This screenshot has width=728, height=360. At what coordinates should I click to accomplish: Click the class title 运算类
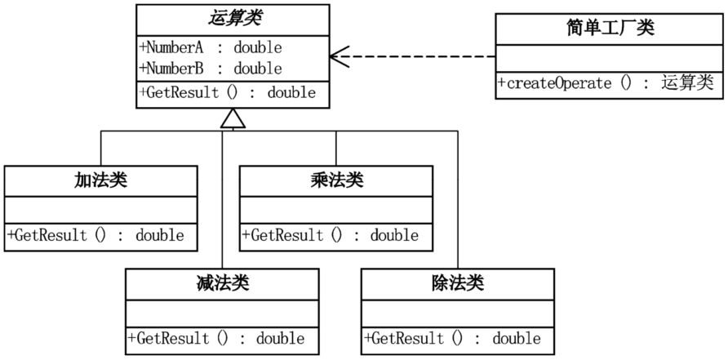click(234, 19)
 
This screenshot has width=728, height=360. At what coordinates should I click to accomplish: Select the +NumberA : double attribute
click(211, 47)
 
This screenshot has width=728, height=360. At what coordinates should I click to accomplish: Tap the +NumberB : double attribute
click(211, 69)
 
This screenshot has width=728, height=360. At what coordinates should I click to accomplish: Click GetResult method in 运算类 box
click(228, 93)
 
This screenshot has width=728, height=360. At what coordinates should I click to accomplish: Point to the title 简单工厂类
click(610, 29)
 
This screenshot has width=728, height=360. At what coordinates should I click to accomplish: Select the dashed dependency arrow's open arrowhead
click(340, 56)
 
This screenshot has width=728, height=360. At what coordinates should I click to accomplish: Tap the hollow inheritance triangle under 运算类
click(233, 118)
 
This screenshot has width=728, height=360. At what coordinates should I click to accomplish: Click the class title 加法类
click(100, 180)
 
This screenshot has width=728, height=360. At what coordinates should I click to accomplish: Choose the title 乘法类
click(336, 180)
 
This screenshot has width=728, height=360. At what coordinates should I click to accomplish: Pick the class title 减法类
click(223, 283)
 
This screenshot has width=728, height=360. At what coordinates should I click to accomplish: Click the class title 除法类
click(458, 283)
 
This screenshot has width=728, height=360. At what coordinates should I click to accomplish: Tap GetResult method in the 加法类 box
click(95, 235)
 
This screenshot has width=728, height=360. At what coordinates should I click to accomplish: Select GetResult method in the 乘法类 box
click(330, 235)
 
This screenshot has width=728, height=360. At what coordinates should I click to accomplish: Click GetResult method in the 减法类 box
click(216, 338)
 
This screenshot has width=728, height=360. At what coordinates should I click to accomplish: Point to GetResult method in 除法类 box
click(452, 338)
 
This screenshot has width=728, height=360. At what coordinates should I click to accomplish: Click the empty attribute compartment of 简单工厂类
click(609, 59)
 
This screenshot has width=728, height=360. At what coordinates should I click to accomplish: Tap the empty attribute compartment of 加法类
click(100, 210)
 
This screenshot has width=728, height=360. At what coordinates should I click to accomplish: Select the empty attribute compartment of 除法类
click(458, 313)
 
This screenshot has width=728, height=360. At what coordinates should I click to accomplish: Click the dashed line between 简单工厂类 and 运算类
click(413, 56)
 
